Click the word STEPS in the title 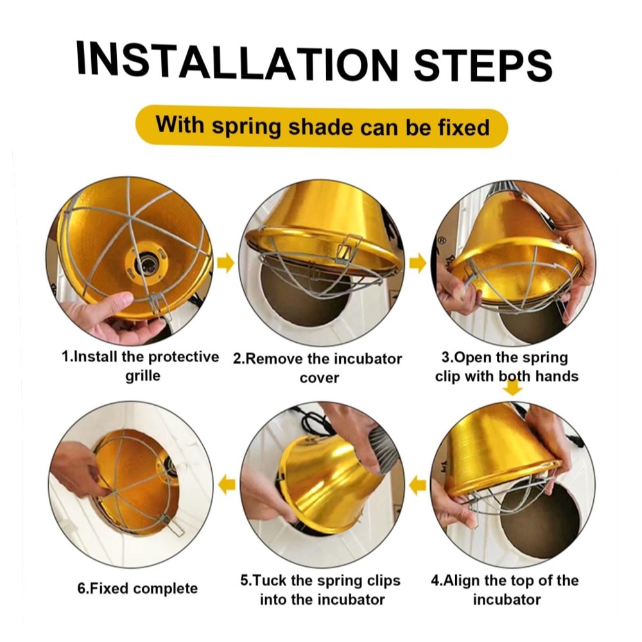[x=483, y=65]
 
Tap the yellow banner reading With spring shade [x=322, y=126]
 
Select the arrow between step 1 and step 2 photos [x=225, y=263]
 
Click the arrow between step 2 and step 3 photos [x=417, y=263]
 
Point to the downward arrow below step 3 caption [x=512, y=388]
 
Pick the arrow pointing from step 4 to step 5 [x=417, y=485]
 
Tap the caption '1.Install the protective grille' [x=141, y=366]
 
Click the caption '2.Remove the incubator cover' [x=318, y=368]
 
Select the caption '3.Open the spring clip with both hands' [x=507, y=367]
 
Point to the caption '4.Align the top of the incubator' [x=505, y=590]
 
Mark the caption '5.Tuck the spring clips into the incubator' [x=320, y=590]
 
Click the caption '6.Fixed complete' [x=137, y=589]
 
